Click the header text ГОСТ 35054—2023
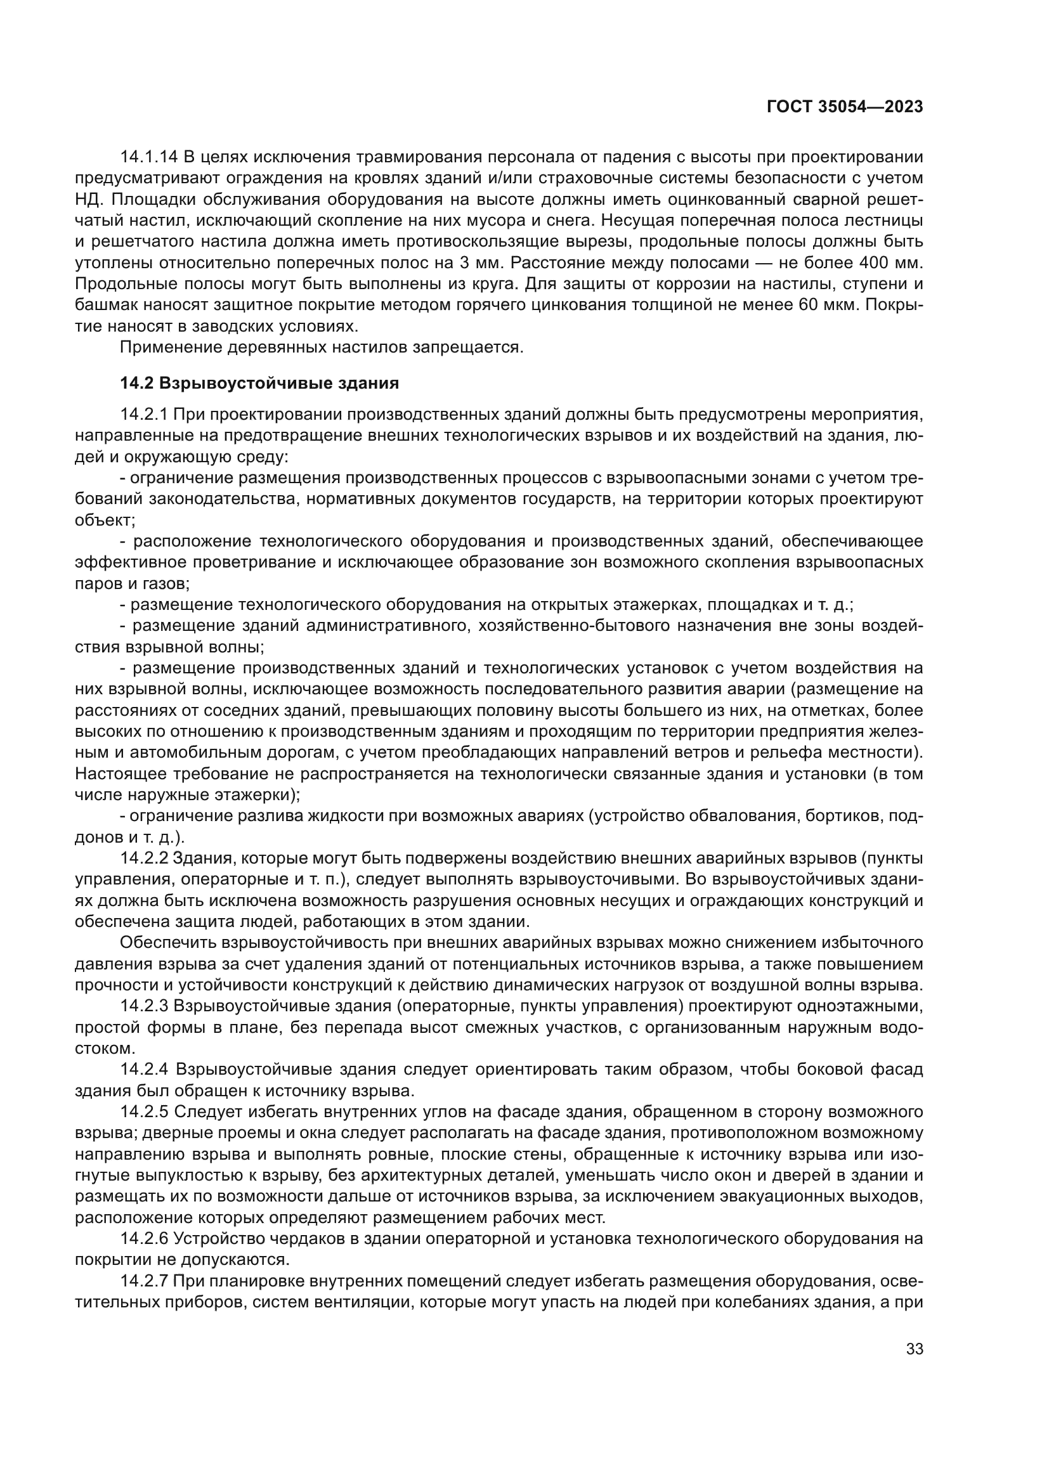844,107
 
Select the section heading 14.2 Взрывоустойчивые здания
259,384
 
